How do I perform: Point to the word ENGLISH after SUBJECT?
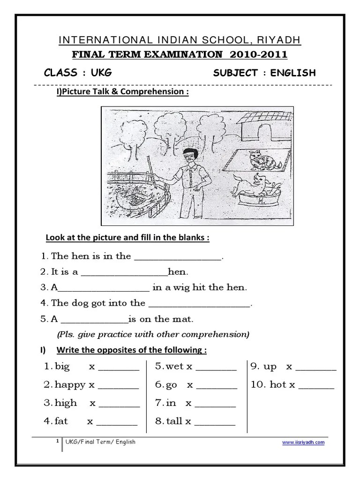click(x=293, y=73)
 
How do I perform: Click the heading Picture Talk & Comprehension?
click(x=123, y=92)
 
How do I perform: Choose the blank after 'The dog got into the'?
click(x=199, y=303)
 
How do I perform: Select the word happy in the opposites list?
click(x=70, y=385)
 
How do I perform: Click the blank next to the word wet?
click(x=216, y=367)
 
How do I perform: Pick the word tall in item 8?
click(x=174, y=421)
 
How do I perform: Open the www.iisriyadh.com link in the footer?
click(x=303, y=442)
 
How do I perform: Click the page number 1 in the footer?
click(x=57, y=441)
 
